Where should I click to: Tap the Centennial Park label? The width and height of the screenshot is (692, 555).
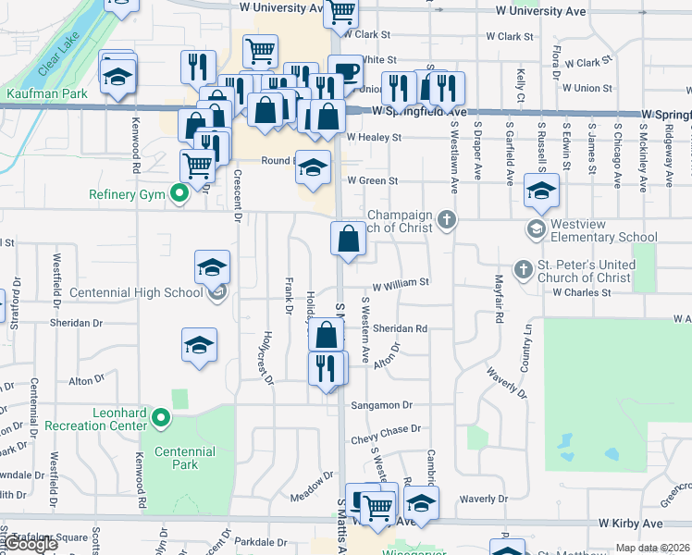pyautogui.click(x=185, y=458)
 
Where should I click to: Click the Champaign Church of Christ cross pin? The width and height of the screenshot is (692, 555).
pyautogui.click(x=448, y=219)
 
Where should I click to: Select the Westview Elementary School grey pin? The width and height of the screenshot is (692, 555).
pyautogui.click(x=536, y=227)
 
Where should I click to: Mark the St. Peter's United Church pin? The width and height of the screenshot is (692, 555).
pyautogui.click(x=523, y=269)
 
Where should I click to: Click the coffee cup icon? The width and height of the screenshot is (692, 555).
pyautogui.click(x=345, y=71)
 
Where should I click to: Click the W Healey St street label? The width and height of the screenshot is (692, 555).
pyautogui.click(x=374, y=137)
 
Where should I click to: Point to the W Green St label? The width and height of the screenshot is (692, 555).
pyautogui.click(x=372, y=181)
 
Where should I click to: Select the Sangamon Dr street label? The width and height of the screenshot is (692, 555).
pyautogui.click(x=381, y=405)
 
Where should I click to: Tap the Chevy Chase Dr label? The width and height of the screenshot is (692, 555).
pyautogui.click(x=385, y=429)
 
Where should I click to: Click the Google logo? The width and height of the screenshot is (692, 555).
pyautogui.click(x=30, y=544)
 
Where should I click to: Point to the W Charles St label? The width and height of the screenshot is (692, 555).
pyautogui.click(x=582, y=292)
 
